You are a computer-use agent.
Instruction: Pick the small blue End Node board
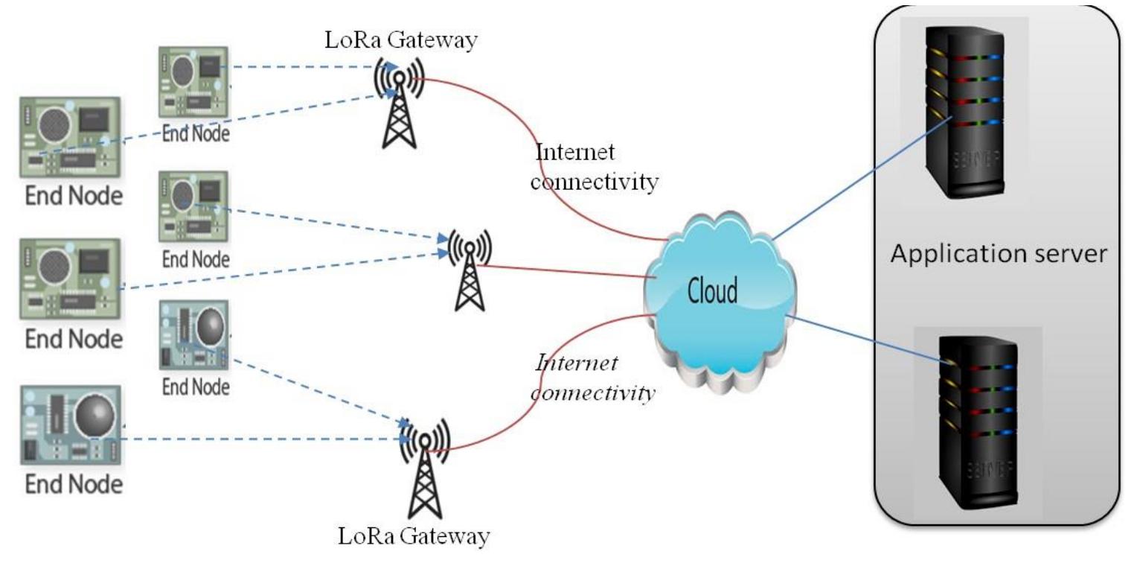193,336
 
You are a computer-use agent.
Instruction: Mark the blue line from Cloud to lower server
863,339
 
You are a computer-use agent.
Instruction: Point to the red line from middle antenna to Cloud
566,272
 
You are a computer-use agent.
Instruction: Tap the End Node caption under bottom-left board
73,485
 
